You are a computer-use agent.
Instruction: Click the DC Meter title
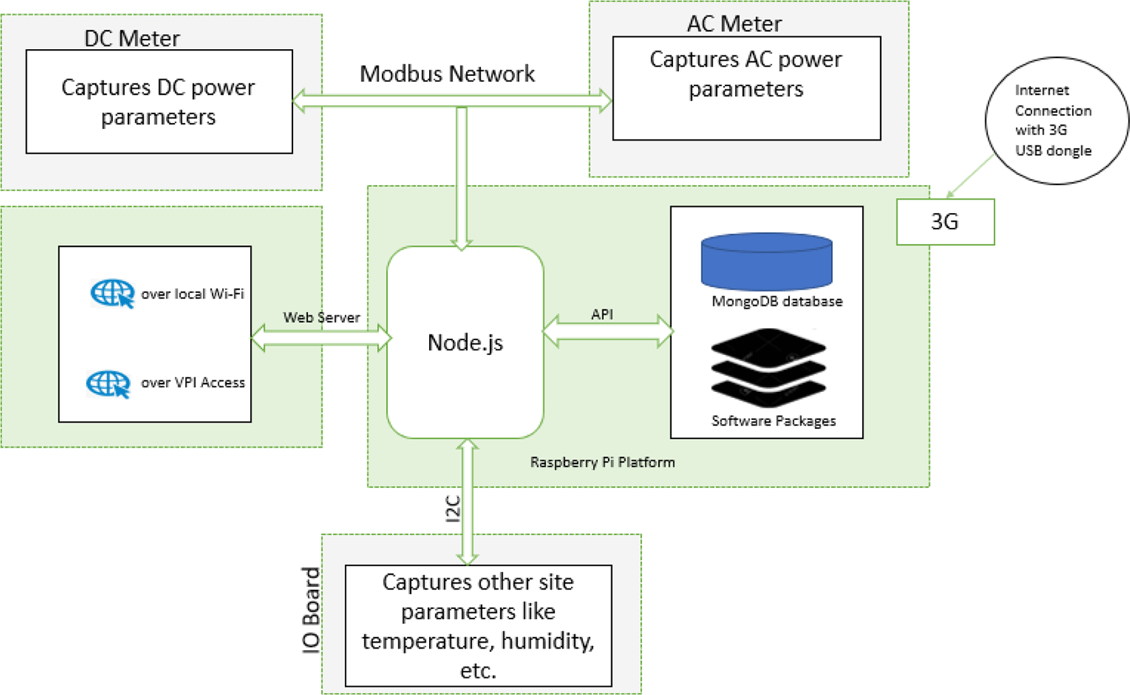pos(132,38)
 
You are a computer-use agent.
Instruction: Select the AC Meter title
pos(734,24)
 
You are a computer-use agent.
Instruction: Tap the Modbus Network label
pos(447,74)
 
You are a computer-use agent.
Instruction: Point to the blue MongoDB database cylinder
pos(767,261)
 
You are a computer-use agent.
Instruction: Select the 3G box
pos(945,222)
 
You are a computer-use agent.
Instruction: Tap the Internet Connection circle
pos(1056,121)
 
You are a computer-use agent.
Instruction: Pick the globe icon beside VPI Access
pos(108,383)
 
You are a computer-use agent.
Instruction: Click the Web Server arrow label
pos(321,317)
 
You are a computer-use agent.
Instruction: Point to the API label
pos(602,314)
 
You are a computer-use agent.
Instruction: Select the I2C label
pos(453,509)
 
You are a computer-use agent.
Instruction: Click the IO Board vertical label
pos(312,610)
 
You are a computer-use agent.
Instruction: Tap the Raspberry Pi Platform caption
pos(602,462)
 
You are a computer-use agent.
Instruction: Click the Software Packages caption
pos(773,421)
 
